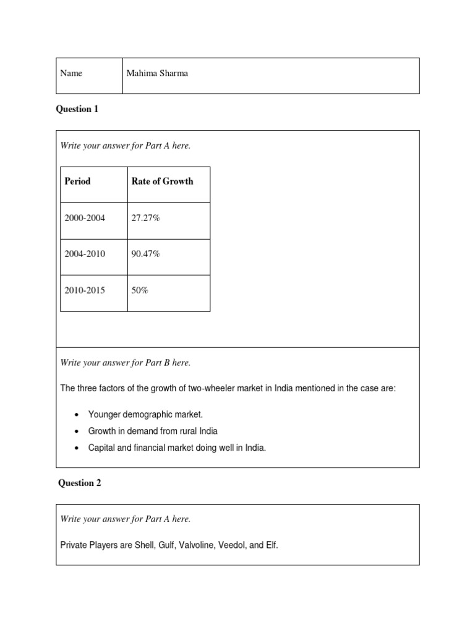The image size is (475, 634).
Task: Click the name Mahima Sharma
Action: tap(157, 74)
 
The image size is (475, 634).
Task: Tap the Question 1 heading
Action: tap(77, 110)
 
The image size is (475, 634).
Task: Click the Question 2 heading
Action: tap(79, 484)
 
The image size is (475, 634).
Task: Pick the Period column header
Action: tap(77, 181)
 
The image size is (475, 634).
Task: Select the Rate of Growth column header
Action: tap(162, 181)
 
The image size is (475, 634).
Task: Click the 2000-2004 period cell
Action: tap(84, 218)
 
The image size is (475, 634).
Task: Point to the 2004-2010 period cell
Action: tap(84, 254)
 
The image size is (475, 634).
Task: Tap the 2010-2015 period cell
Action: tap(84, 290)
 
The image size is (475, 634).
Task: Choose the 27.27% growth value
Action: tap(146, 218)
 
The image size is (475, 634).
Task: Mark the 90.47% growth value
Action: tap(146, 254)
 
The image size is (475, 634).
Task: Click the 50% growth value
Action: tap(140, 290)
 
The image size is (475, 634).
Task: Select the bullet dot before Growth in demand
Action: tap(75, 432)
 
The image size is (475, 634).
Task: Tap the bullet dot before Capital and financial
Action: tap(75, 448)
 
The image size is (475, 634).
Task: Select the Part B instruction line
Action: tap(125, 363)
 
